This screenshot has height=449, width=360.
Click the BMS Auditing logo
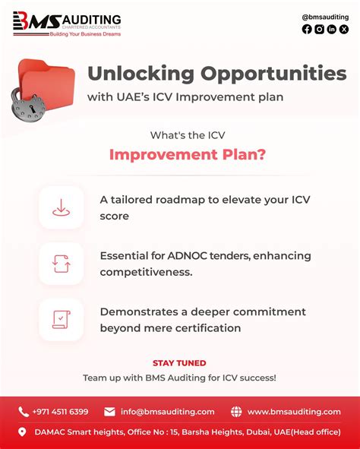pos(67,24)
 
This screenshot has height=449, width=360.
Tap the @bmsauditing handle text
pos(324,17)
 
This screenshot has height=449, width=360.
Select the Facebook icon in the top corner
pos(307,30)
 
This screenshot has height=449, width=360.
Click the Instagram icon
pos(319,30)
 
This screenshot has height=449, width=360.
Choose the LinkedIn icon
pos(332,30)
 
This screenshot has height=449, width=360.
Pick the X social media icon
pos(344,30)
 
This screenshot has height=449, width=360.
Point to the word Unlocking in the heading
pos(141,74)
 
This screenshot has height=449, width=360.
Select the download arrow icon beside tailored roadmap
pos(61,207)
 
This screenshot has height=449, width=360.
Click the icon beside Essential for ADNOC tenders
pos(61,264)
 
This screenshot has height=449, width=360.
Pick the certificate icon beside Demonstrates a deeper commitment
pos(61,319)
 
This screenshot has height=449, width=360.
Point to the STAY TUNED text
pos(179,363)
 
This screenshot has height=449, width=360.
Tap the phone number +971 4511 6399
pos(60,412)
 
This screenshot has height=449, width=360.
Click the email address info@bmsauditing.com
pos(167,412)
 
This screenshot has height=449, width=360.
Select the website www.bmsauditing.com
pos(294,412)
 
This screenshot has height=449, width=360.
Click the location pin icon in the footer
pos(23,432)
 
